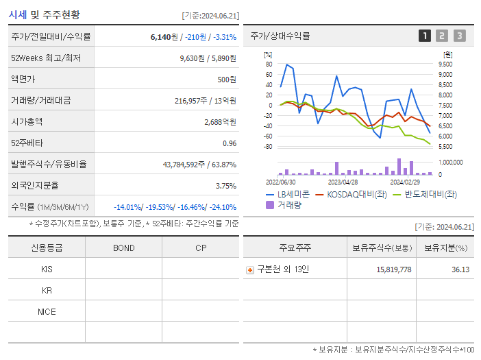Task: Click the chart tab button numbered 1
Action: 425,36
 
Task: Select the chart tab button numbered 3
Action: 459,36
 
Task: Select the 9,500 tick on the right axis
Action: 445,64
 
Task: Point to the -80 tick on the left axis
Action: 268,147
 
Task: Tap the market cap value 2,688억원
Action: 220,121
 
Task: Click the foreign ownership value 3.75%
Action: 225,185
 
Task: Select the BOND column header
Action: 123,248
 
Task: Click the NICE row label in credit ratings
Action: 47,311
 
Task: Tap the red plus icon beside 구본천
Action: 250,269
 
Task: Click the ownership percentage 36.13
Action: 460,269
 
